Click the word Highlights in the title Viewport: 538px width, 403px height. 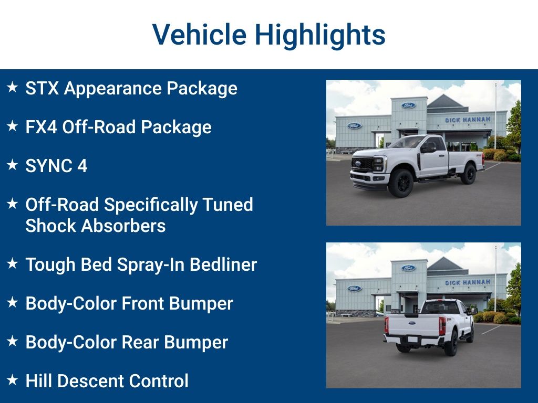click(x=320, y=36)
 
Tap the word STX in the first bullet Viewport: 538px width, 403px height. click(x=42, y=89)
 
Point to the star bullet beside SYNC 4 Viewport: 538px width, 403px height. click(x=12, y=165)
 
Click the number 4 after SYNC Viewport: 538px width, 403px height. click(x=82, y=166)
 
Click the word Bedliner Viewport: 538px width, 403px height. click(x=223, y=265)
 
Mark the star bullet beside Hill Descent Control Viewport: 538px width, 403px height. click(x=12, y=380)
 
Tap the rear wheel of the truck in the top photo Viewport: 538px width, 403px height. click(x=468, y=174)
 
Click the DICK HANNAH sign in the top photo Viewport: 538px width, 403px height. click(x=467, y=120)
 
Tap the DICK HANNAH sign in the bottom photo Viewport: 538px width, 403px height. click(x=467, y=283)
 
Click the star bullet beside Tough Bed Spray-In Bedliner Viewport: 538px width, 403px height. click(x=12, y=264)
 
